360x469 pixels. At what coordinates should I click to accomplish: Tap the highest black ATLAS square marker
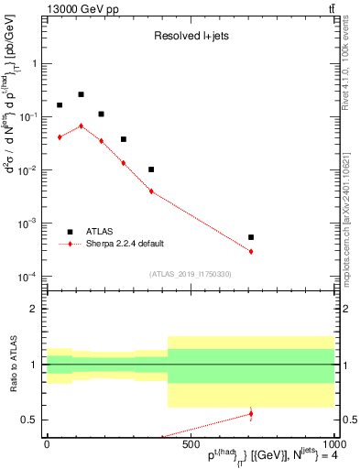coord(81,94)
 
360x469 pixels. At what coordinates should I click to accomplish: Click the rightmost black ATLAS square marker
coord(251,237)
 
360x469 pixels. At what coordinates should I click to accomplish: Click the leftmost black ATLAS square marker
coord(60,105)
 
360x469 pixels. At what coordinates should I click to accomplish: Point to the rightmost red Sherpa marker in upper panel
coord(251,251)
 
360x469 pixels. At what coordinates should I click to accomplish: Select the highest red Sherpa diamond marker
coord(81,125)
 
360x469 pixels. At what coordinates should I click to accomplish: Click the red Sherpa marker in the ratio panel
coord(251,414)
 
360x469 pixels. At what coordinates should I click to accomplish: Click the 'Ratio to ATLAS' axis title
coord(13,364)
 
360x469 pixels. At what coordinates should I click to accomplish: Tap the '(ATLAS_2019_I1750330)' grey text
coord(190,274)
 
